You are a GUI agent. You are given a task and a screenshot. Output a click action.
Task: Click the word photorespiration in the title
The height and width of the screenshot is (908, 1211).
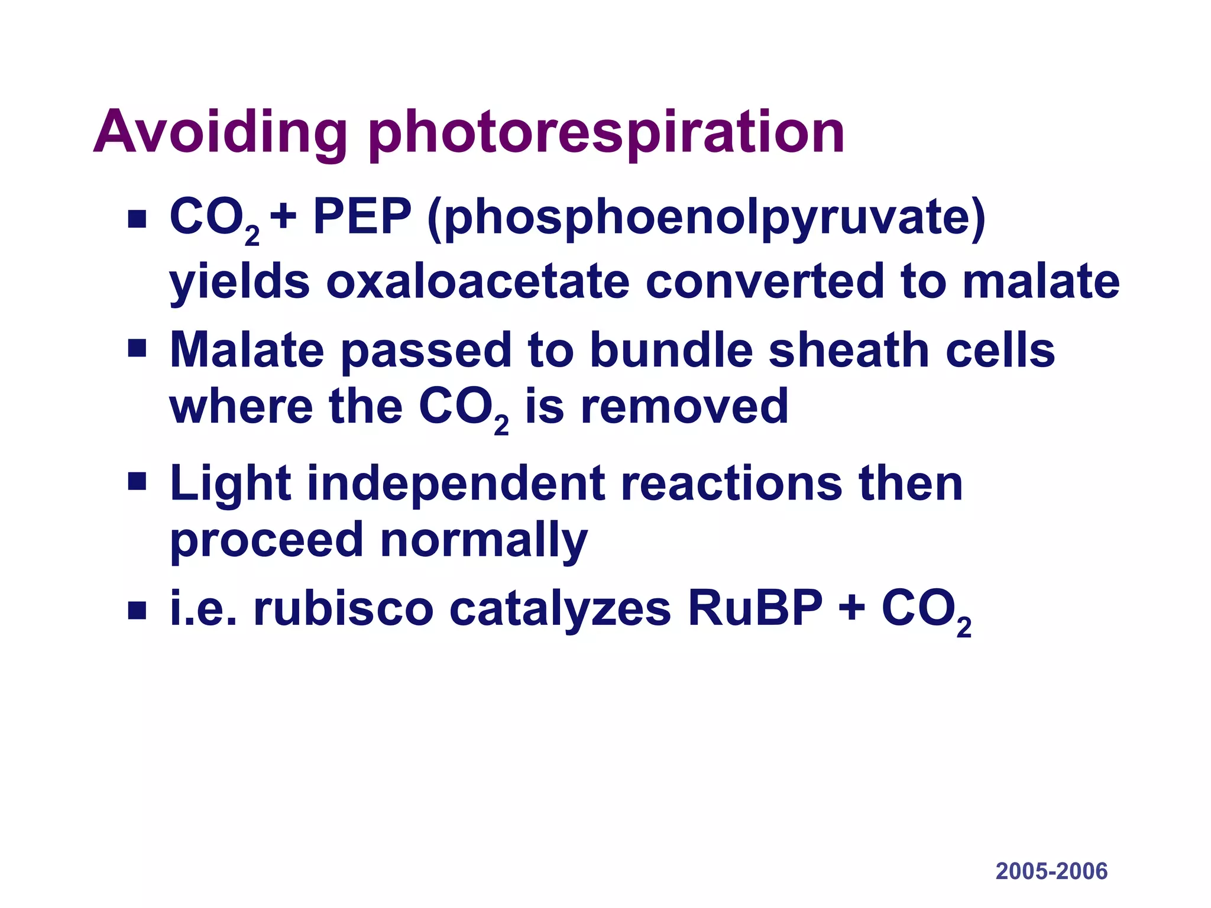(606, 134)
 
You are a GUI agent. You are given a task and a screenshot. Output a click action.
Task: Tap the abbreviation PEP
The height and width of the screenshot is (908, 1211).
(362, 216)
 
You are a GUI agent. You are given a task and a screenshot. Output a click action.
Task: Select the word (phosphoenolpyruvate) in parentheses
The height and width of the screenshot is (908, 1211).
(707, 219)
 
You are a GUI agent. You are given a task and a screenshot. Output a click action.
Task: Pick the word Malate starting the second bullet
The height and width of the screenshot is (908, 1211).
(247, 350)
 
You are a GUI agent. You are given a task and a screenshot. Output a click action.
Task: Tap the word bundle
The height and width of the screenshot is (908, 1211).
(671, 350)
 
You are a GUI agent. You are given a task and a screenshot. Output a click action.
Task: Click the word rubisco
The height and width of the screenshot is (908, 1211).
(344, 609)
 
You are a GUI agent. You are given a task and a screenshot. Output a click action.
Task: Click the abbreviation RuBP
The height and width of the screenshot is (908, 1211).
(755, 609)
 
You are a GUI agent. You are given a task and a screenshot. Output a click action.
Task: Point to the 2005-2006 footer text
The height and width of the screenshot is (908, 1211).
(1051, 871)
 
